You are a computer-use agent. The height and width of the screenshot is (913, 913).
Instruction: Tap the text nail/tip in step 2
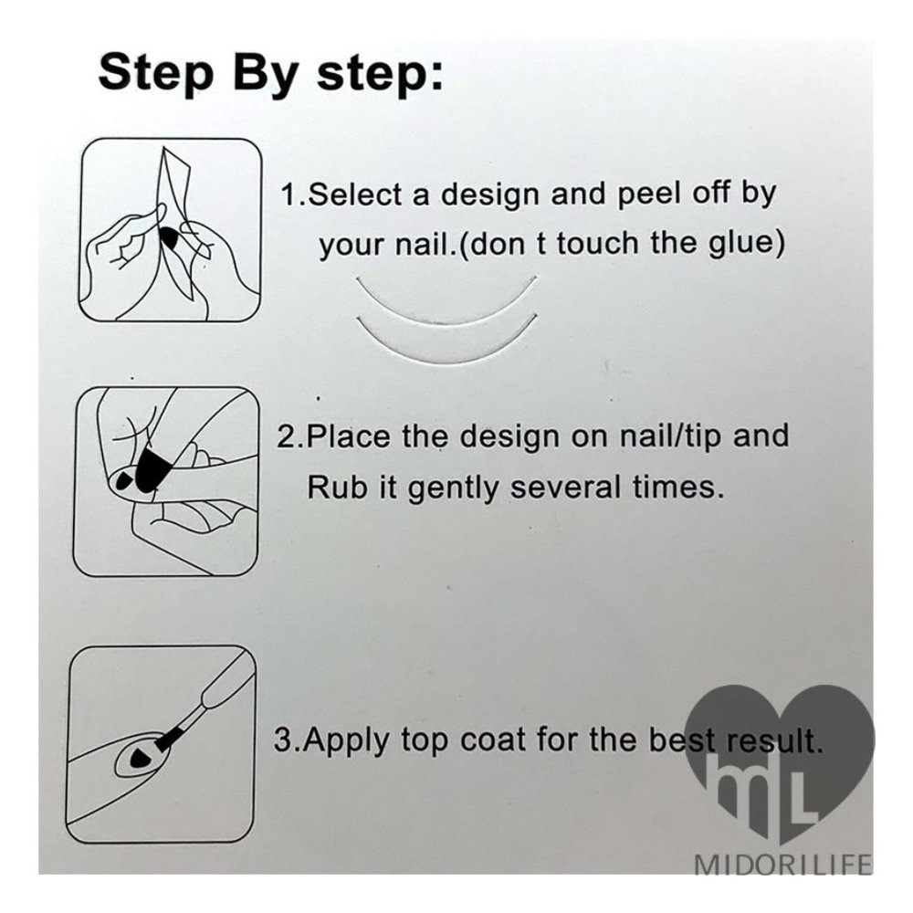(669, 437)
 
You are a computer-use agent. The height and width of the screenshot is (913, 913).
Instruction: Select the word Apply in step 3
(347, 741)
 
